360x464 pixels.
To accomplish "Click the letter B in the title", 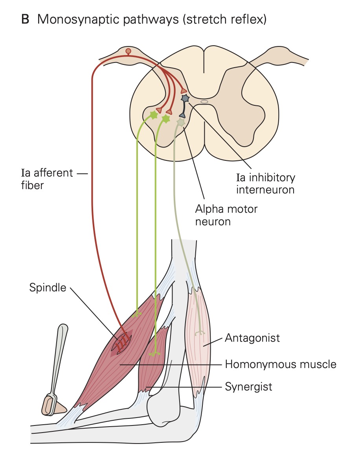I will coord(25,19).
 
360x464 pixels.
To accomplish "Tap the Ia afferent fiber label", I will coord(47,179).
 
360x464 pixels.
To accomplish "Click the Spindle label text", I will coord(48,287).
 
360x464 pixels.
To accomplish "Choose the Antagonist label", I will coord(252,337).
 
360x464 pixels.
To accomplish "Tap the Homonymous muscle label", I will coord(280,364).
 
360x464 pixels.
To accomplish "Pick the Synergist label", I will coord(248,387).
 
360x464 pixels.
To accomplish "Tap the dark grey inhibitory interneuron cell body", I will coord(185,98).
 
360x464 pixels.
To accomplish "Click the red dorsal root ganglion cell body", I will coord(128,51).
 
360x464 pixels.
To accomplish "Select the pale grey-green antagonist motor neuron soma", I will coord(180,122).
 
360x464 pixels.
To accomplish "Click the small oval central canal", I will coord(204,102).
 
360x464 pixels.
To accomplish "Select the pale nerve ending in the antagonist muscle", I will coord(202,333).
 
